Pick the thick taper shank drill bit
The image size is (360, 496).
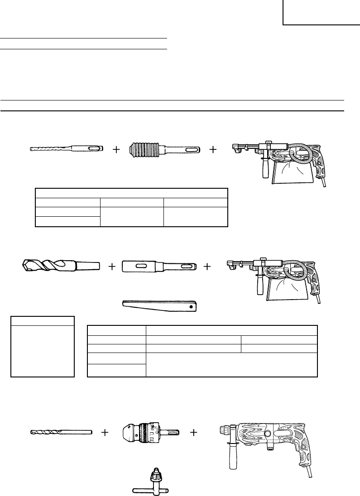[x=60, y=265]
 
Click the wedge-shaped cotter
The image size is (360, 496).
[x=160, y=305]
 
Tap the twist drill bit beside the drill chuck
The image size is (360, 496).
[x=61, y=433]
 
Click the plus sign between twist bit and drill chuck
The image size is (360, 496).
[x=105, y=433]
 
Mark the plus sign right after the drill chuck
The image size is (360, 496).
[x=193, y=433]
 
